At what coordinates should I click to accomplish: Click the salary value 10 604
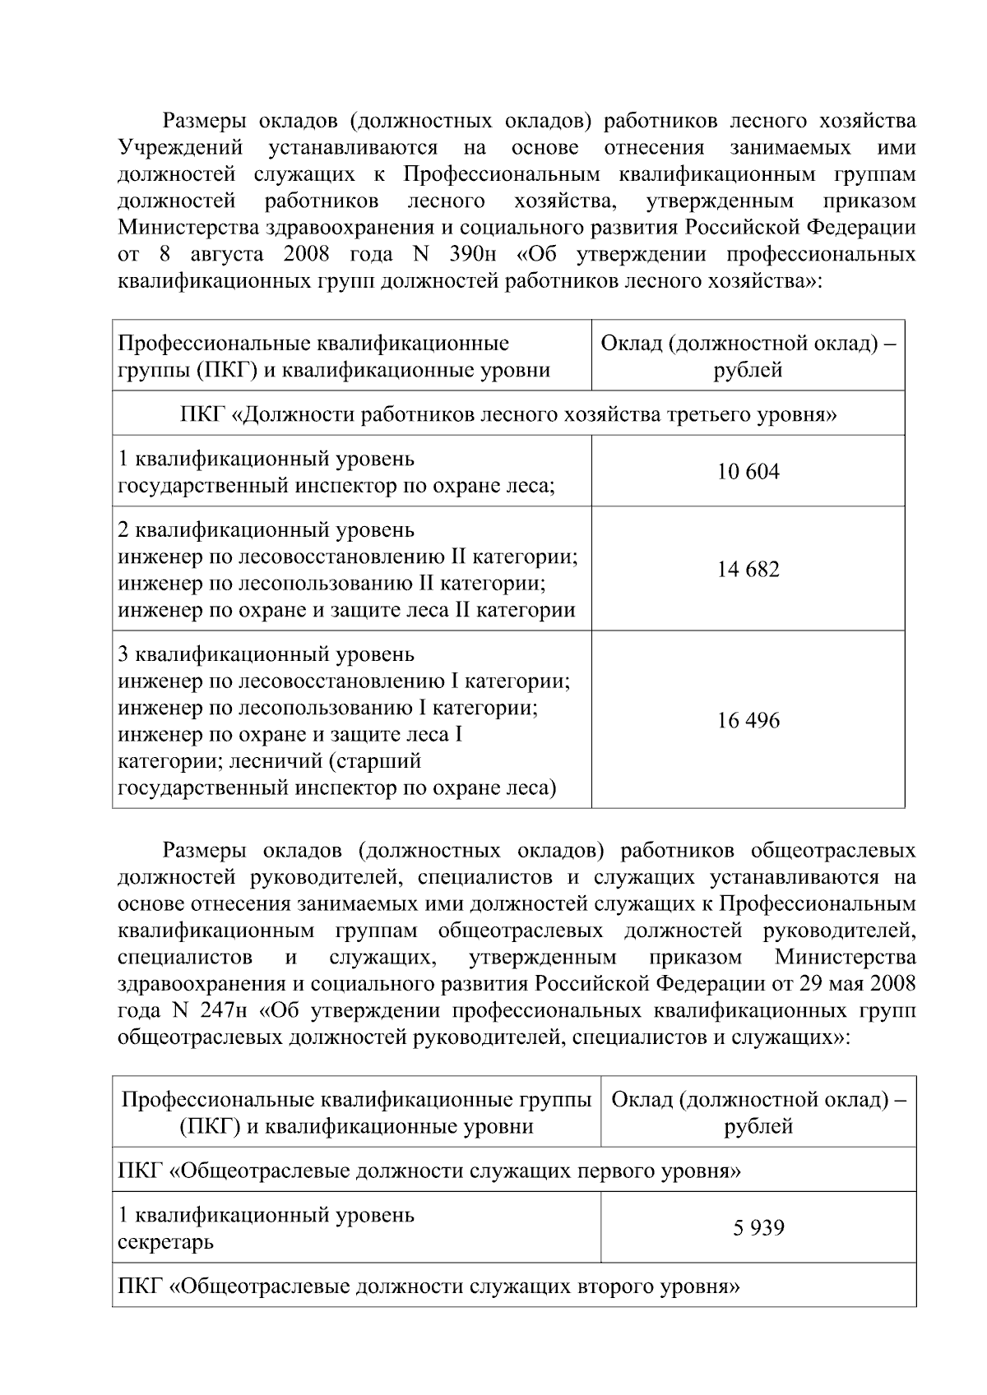(x=748, y=472)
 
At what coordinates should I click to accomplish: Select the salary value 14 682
(x=748, y=569)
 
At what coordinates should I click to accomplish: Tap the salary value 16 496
(x=748, y=721)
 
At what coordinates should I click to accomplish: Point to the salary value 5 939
(x=758, y=1228)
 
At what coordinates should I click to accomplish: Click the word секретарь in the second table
(x=166, y=1242)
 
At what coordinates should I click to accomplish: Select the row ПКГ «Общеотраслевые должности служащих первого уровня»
(x=429, y=1171)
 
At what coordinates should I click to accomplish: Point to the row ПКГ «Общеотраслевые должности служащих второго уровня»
(x=429, y=1286)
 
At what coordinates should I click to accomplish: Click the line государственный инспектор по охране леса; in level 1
(x=336, y=486)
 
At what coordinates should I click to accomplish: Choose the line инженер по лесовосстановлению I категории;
(x=344, y=681)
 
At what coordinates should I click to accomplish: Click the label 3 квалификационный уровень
(x=266, y=655)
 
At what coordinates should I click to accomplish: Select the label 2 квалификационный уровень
(x=266, y=530)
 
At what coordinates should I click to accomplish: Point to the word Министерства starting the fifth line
(x=188, y=228)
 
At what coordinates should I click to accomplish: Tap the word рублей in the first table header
(x=748, y=370)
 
